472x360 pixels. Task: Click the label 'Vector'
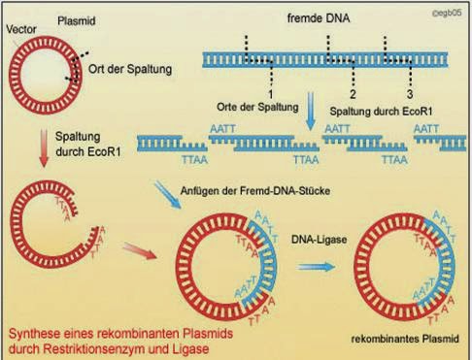pos(21,30)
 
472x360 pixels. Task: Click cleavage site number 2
pos(353,94)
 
